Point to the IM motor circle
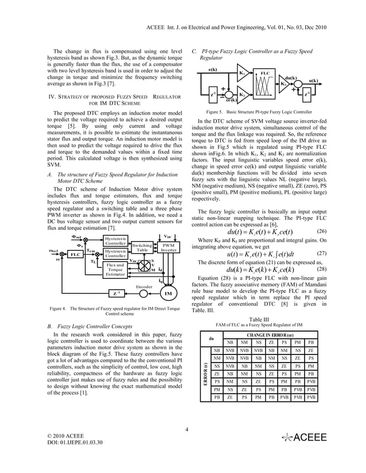[x=169, y=294]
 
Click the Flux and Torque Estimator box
[x=115, y=269]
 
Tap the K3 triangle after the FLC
[x=285, y=84]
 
